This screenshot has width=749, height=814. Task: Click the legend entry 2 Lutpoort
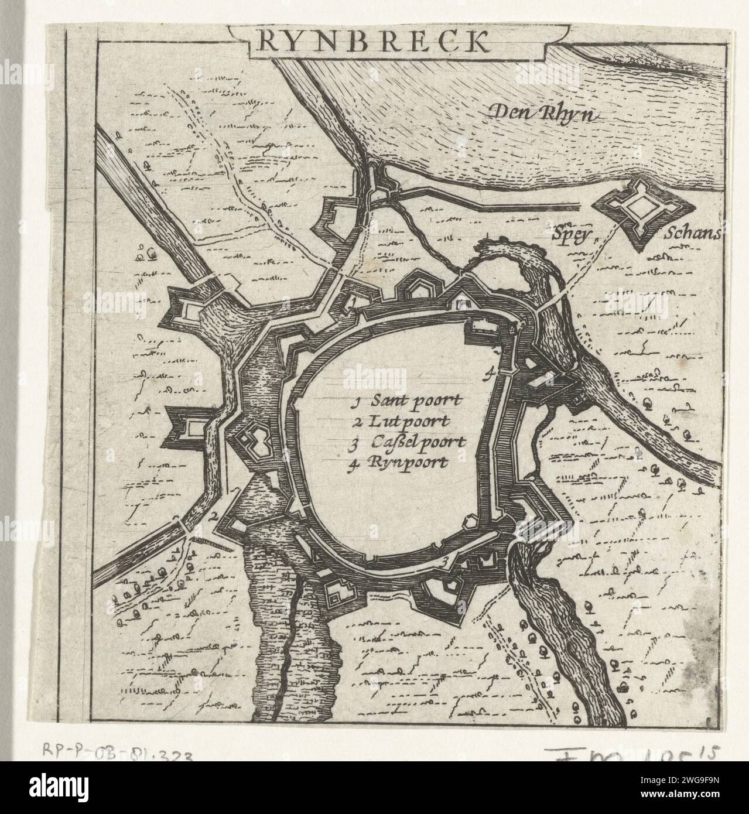401,421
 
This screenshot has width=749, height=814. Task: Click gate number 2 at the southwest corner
214,515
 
